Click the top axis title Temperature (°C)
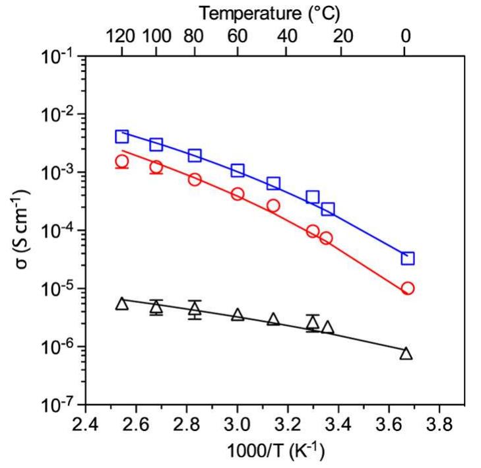tap(271, 13)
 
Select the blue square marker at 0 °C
tap(407, 258)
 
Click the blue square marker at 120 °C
tap(121, 137)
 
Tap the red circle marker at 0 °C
tap(407, 288)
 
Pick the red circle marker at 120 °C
tap(121, 162)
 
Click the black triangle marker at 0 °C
tap(406, 354)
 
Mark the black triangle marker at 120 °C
tap(121, 304)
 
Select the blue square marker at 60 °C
tap(238, 171)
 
